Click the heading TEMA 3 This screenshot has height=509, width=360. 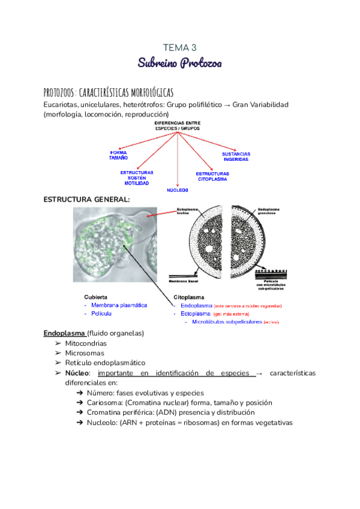[180, 47]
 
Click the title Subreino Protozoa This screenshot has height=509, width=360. [180, 62]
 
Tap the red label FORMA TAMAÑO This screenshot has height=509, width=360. [119, 155]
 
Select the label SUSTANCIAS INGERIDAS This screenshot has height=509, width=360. [236, 157]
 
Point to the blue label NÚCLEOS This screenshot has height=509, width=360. [178, 190]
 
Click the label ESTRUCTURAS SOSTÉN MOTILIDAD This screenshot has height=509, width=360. [137, 178]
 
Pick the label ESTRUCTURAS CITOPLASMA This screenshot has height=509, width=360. [212, 176]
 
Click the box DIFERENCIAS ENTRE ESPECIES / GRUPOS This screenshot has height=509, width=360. [178, 126]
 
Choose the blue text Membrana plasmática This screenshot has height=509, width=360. [119, 305]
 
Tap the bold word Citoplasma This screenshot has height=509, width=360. [189, 297]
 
